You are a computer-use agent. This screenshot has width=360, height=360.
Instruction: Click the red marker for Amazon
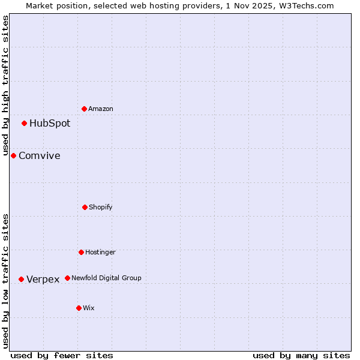(85, 109)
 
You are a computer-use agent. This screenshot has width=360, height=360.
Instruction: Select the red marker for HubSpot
(25, 124)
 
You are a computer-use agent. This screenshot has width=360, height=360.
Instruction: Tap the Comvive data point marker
(13, 156)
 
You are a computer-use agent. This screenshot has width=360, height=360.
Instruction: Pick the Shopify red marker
(85, 207)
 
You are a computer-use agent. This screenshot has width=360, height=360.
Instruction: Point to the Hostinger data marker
(81, 252)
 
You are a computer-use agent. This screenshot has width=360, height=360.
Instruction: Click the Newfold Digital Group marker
(67, 278)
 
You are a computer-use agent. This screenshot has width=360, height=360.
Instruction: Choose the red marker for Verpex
(21, 279)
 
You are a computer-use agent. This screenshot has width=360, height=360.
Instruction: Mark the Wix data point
(79, 308)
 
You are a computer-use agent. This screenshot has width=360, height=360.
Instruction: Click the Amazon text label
(101, 109)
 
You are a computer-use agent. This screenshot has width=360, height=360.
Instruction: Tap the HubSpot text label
(50, 124)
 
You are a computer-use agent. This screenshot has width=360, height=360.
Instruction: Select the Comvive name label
(40, 156)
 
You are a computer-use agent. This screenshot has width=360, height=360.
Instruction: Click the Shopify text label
(101, 207)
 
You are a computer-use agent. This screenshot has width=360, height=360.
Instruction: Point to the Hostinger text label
(100, 252)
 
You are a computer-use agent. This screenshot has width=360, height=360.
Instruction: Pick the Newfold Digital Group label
(106, 278)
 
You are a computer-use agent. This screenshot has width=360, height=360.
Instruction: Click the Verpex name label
(43, 279)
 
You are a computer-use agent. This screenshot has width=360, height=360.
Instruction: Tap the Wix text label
(89, 308)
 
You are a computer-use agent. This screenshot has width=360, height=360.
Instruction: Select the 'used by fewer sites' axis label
(62, 355)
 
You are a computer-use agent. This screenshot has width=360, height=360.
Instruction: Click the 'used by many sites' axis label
(301, 355)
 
